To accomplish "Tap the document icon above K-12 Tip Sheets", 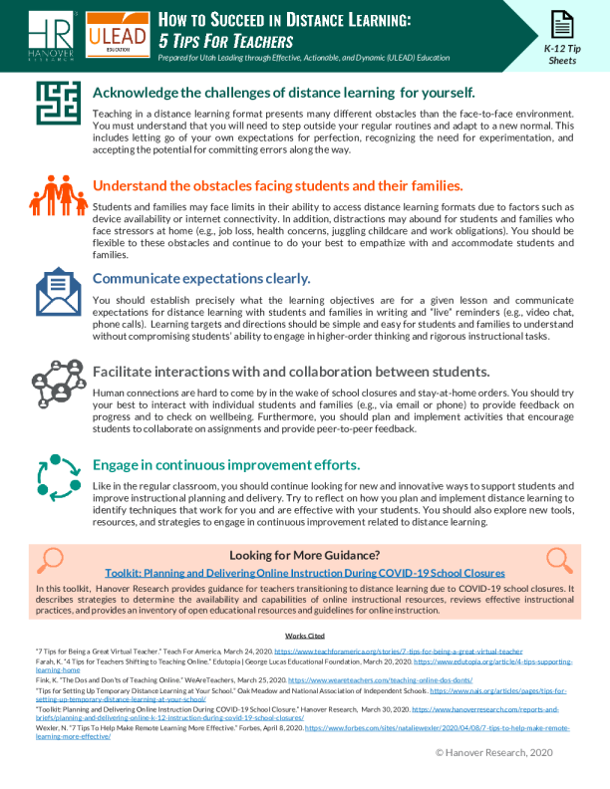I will (561, 25).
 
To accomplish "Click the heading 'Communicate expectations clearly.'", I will (200, 278).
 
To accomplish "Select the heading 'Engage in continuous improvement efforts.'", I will (225, 465).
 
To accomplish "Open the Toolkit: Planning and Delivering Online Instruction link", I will (305, 573).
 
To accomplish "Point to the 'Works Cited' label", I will (304, 635).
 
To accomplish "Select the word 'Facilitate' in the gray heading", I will (128, 372).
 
